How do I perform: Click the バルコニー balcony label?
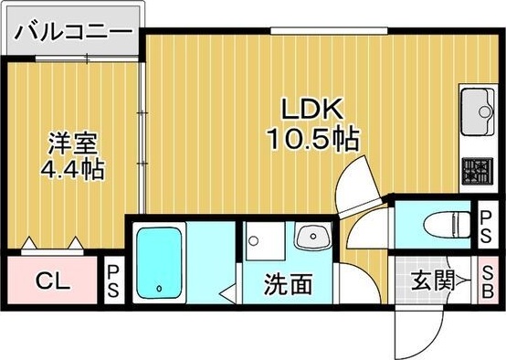[72, 29]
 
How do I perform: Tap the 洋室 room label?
[69, 143]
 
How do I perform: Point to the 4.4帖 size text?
[71, 169]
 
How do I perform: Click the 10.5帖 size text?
[311, 140]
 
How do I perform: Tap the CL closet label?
[51, 281]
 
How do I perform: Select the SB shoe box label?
[489, 281]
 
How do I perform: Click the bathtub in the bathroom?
[159, 266]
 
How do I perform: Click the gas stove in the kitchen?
[477, 170]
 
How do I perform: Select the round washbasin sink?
[313, 237]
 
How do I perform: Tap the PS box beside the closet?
[113, 281]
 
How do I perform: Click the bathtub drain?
[160, 290]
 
